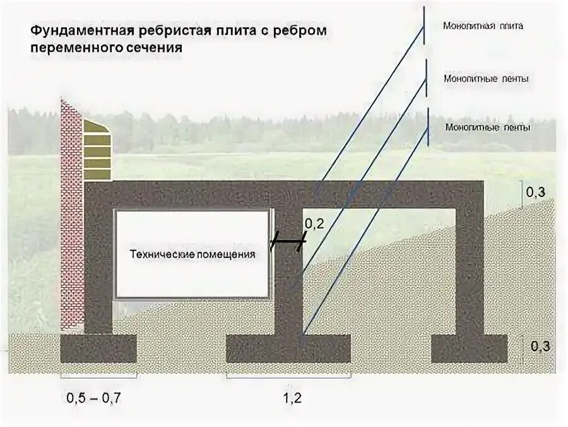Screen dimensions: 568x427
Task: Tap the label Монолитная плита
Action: tap(483, 27)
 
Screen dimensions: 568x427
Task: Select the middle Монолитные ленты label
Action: tap(486, 79)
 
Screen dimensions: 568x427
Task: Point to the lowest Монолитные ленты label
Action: tap(487, 127)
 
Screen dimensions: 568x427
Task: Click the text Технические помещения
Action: tap(192, 255)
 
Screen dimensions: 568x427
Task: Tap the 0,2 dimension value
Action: tap(314, 224)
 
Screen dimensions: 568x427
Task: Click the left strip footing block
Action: tap(98, 348)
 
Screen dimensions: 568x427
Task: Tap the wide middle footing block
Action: tap(288, 348)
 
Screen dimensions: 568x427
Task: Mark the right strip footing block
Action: tap(470, 348)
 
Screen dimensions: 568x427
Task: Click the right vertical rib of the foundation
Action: tap(470, 265)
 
